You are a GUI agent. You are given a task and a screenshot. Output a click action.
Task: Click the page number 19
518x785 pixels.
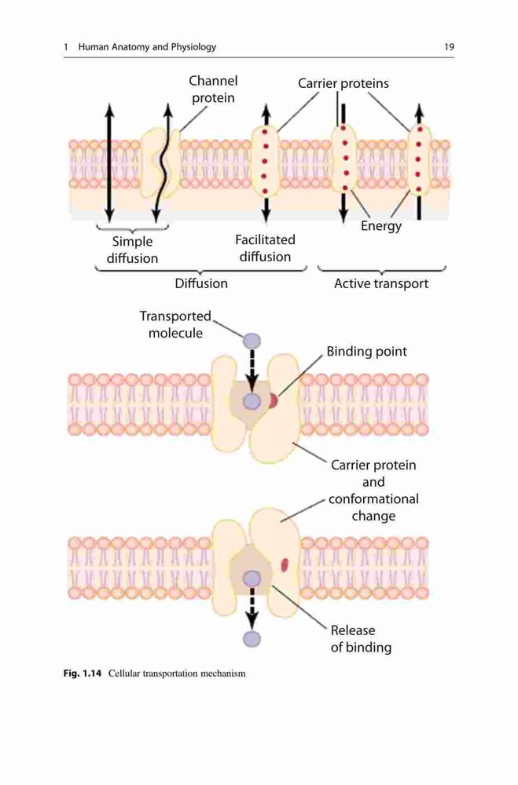pyautogui.click(x=449, y=47)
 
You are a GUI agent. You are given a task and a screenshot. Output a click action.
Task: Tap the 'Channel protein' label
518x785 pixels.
pyautogui.click(x=213, y=89)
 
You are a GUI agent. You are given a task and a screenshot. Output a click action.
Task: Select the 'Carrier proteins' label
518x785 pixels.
pyautogui.click(x=343, y=83)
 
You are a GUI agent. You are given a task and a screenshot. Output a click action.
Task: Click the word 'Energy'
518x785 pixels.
pyautogui.click(x=381, y=226)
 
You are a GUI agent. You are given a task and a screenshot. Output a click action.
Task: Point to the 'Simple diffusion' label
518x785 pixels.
pyautogui.click(x=132, y=250)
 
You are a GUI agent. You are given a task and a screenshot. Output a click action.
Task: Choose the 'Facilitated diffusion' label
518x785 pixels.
pyautogui.click(x=265, y=248)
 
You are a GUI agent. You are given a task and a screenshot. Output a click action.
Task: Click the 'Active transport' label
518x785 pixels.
pyautogui.click(x=381, y=284)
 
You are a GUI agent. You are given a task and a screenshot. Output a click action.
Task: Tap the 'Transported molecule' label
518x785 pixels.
pyautogui.click(x=175, y=324)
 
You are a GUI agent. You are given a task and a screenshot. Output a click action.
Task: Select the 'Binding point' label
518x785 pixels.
pyautogui.click(x=366, y=352)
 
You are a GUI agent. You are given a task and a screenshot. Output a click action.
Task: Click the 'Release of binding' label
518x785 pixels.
pyautogui.click(x=361, y=639)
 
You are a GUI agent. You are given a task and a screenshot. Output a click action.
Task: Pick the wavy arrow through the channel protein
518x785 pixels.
pyautogui.click(x=163, y=162)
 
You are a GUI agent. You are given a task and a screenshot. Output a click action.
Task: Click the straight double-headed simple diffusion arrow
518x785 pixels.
pyautogui.click(x=109, y=162)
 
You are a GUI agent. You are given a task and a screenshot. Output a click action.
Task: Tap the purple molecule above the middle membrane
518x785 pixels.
pyautogui.click(x=252, y=341)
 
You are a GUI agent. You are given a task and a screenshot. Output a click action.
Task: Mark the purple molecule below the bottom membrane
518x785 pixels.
pyautogui.click(x=252, y=639)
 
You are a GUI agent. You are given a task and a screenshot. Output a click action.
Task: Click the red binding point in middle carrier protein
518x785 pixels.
pyautogui.click(x=273, y=401)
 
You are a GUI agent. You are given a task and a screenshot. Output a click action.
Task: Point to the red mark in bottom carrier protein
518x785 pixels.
pyautogui.click(x=285, y=564)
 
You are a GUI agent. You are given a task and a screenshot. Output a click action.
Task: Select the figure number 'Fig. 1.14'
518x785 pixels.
pyautogui.click(x=83, y=674)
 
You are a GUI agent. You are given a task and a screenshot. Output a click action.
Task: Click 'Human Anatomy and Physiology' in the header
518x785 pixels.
pyautogui.click(x=147, y=47)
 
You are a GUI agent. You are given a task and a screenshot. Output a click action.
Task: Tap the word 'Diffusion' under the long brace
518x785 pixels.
pyautogui.click(x=201, y=284)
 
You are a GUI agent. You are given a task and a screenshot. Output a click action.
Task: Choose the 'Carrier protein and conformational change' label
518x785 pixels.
pyautogui.click(x=373, y=491)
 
